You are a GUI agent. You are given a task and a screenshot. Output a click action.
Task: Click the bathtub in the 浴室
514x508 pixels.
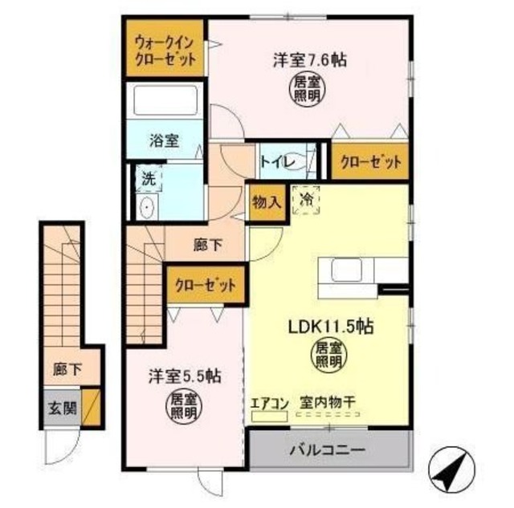(x=165, y=101)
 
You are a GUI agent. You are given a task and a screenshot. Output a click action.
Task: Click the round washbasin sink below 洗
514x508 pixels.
(x=146, y=208)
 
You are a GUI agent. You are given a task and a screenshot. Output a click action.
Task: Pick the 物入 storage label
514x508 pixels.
(x=266, y=201)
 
